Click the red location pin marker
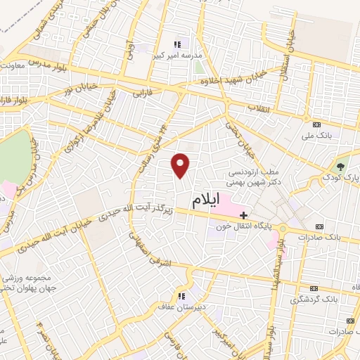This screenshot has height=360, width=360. click(181, 165)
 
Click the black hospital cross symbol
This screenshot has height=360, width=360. click(243, 214)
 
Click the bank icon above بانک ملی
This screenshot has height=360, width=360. click(309, 123)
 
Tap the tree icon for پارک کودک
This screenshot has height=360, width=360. click(341, 167)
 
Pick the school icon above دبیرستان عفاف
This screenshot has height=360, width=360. click(181, 296)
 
